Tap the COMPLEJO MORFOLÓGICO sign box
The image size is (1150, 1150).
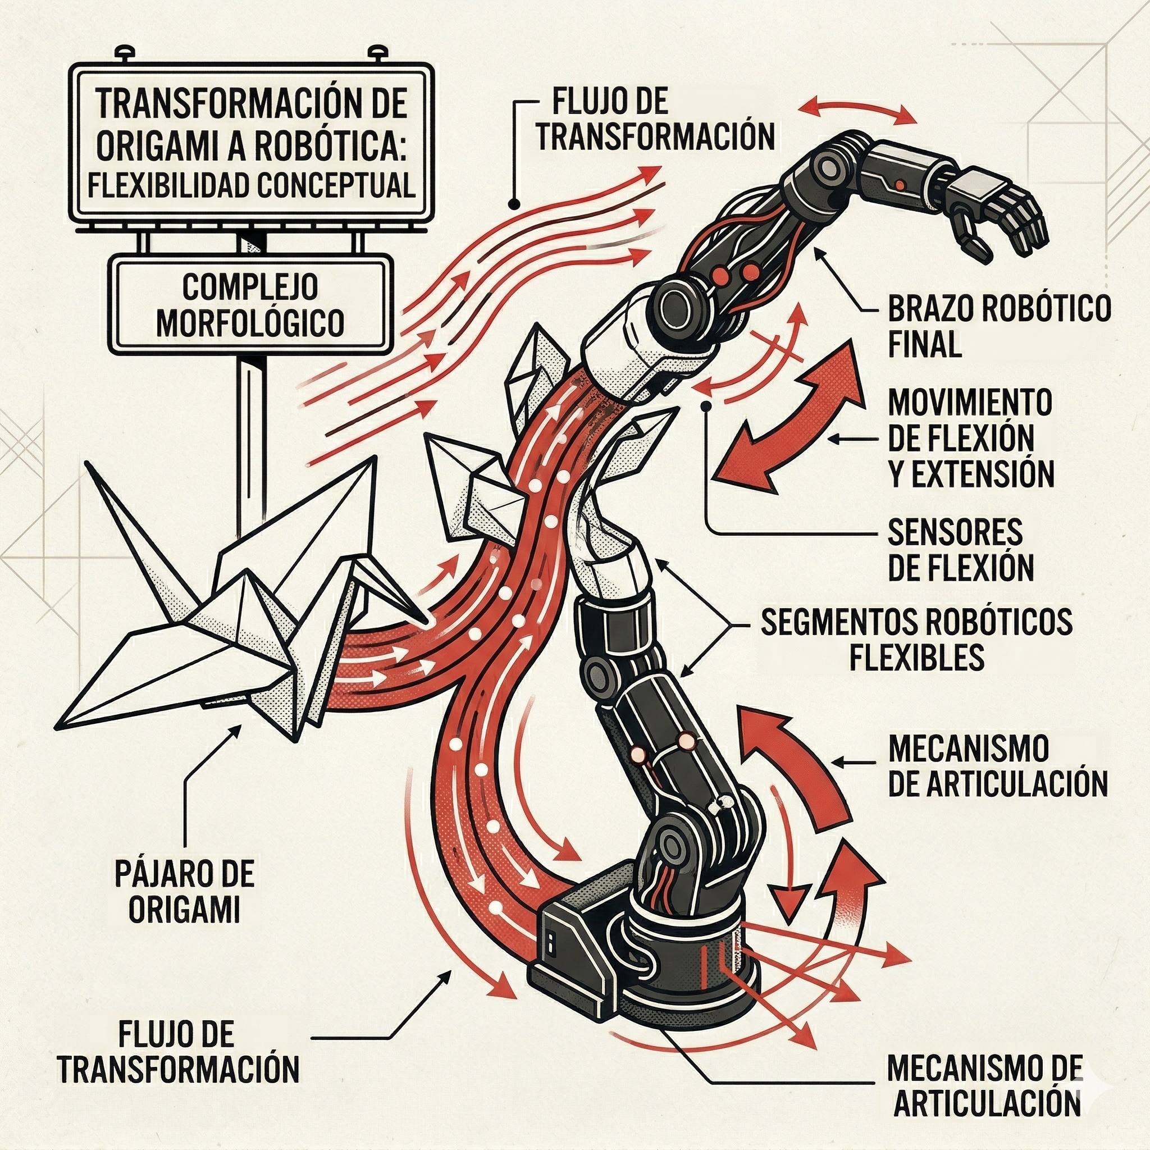[x=250, y=304]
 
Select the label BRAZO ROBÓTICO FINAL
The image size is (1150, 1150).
[x=999, y=326]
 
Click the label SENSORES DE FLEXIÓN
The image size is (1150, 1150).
[x=960, y=550]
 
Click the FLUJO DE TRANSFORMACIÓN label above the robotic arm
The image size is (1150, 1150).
[x=655, y=119]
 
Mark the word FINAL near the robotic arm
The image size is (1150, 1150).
[x=924, y=344]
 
